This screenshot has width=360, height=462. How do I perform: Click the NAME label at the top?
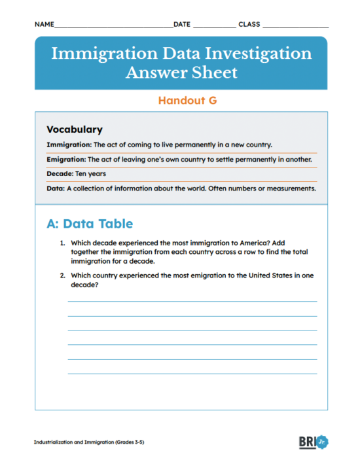[44, 24]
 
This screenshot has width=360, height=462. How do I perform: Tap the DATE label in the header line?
[182, 24]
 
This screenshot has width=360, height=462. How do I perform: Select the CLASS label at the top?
[249, 24]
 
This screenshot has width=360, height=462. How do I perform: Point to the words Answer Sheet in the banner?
[181, 72]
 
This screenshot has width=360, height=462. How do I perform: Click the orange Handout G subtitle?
[187, 101]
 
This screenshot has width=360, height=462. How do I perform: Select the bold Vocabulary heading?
[75, 130]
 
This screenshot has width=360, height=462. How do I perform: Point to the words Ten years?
[92, 174]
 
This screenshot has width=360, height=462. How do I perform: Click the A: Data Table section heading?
[90, 223]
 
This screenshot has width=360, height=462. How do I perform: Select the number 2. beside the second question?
[62, 276]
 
